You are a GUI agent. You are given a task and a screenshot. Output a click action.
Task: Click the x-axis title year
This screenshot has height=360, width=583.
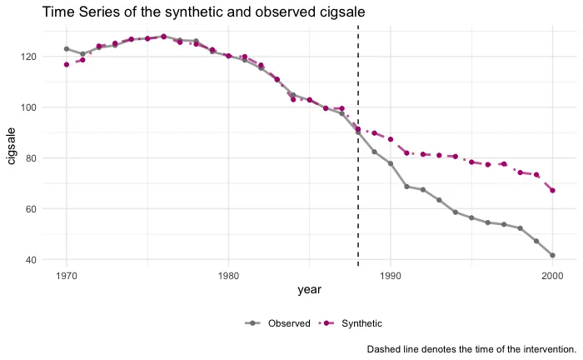pos(309,289)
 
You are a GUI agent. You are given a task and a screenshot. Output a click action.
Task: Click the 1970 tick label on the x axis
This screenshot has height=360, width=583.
pos(67,275)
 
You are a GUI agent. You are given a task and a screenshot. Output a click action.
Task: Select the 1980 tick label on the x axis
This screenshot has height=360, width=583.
pos(228,275)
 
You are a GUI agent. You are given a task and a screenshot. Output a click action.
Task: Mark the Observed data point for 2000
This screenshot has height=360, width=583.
pos(552,256)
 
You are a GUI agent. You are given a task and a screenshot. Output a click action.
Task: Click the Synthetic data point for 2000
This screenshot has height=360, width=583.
pos(552,191)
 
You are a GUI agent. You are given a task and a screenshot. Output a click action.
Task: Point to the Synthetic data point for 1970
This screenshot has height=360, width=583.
pos(67,64)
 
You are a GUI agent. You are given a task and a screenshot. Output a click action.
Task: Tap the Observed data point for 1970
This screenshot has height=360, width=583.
pos(67,49)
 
